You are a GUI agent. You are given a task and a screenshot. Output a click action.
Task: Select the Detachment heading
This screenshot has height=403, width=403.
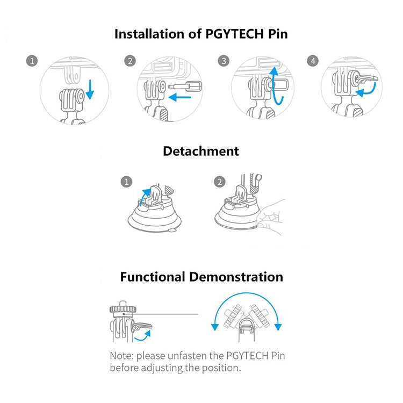coord(201,152)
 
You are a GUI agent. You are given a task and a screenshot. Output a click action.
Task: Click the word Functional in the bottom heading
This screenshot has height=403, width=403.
coord(152,277)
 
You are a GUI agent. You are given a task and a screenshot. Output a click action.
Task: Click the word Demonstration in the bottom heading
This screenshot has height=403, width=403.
coord(236,277)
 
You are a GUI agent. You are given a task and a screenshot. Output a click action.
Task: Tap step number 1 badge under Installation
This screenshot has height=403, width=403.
coord(32,61)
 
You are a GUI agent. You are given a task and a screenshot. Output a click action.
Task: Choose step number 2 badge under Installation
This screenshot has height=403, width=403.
coord(129,61)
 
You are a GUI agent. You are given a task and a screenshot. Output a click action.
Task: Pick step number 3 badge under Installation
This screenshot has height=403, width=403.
coord(224,61)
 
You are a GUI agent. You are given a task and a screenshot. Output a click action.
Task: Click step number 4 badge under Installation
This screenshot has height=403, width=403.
coord(313,61)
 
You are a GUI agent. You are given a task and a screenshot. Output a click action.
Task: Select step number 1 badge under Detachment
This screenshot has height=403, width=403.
coord(127,182)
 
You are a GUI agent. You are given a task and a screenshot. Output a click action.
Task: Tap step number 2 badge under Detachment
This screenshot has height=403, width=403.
coord(219,182)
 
